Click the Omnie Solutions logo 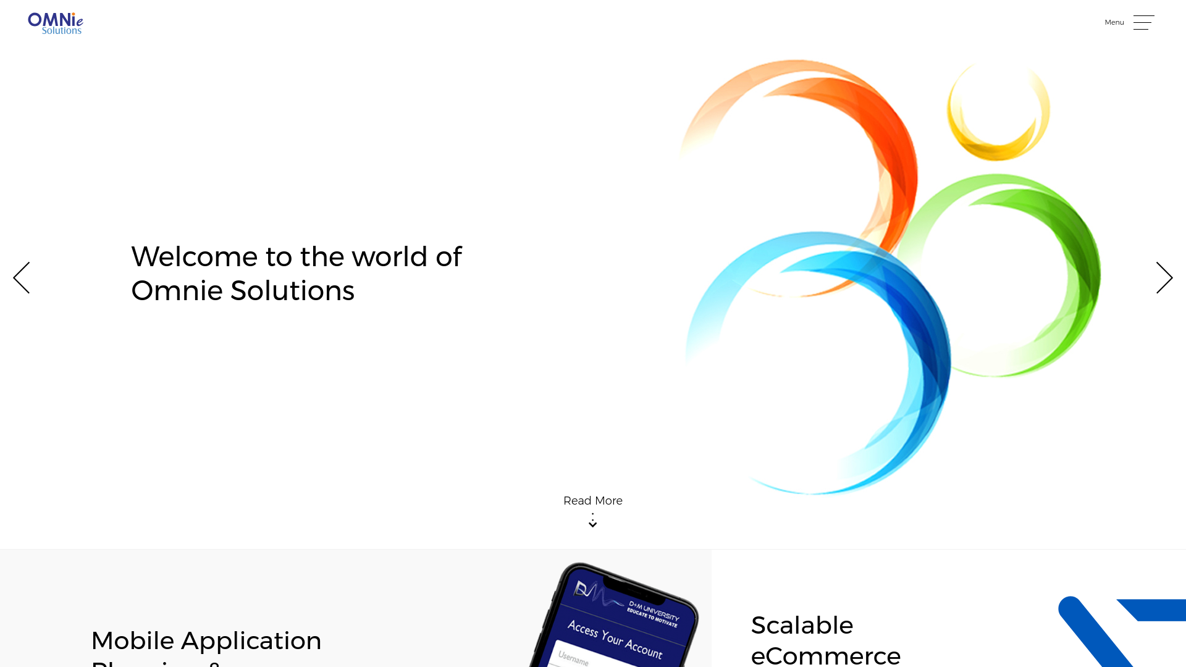click(55, 23)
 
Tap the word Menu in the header click(1114, 22)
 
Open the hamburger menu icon click(1143, 22)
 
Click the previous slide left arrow click(22, 277)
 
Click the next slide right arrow click(1164, 277)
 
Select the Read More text click(592, 501)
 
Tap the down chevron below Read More click(592, 524)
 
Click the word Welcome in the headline click(194, 257)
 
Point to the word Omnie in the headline click(176, 291)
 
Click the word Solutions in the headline click(292, 291)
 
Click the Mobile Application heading click(206, 640)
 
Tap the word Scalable click(802, 626)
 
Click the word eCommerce click(825, 655)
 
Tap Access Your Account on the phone click(615, 639)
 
